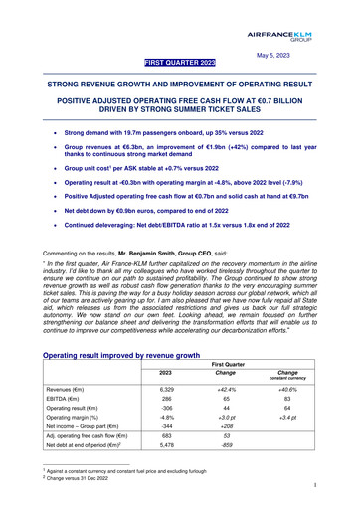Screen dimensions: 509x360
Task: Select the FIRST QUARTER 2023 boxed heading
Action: point(180,63)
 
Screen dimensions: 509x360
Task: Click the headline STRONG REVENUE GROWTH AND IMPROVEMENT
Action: point(180,86)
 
